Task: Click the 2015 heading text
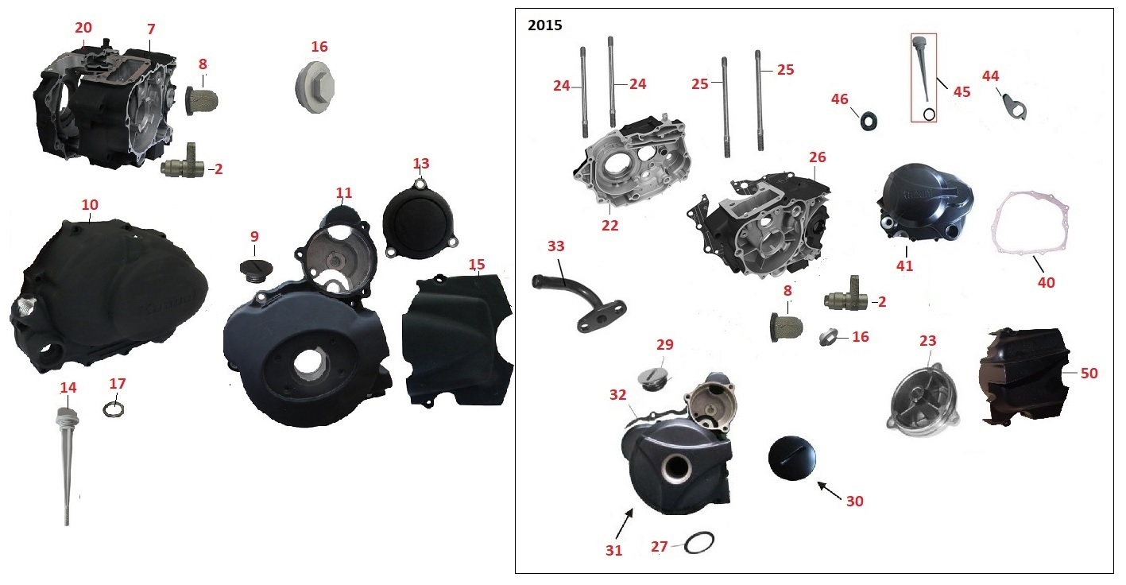[544, 25]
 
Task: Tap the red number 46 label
[839, 99]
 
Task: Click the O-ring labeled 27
[699, 542]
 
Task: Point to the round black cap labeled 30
[791, 458]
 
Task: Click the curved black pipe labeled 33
[578, 302]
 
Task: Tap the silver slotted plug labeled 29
[654, 378]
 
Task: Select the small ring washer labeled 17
[114, 410]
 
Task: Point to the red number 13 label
[420, 164]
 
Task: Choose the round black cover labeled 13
[420, 220]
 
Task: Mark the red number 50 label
[1089, 374]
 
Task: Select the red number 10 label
[90, 205]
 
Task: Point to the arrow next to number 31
[624, 525]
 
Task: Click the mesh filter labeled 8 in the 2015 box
[786, 327]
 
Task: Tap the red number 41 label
[904, 265]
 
